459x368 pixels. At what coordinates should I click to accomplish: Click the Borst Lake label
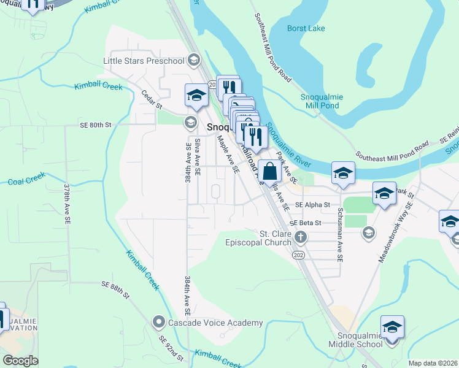tap(306, 28)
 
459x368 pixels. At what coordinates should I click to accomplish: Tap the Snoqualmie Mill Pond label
tap(322, 101)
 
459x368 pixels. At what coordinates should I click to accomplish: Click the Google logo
tap(20, 361)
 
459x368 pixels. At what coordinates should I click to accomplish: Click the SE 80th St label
tap(96, 125)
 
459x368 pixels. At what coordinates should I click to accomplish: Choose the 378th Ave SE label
tap(67, 201)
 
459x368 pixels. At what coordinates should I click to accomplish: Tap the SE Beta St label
tap(306, 223)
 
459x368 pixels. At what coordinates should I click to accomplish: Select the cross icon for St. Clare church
tap(300, 237)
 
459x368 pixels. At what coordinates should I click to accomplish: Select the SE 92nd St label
tap(171, 348)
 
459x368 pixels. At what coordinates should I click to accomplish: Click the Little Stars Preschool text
tap(144, 61)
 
